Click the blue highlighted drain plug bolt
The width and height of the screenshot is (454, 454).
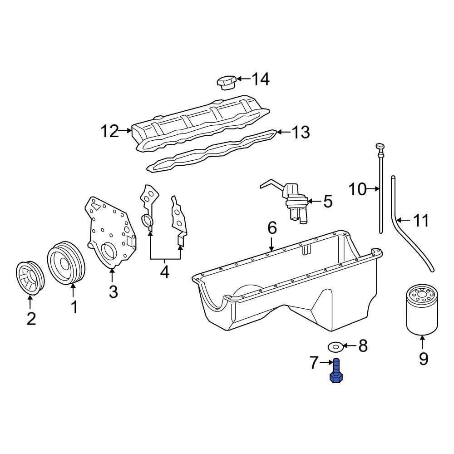click(x=336, y=372)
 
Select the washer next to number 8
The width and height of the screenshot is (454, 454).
click(x=335, y=347)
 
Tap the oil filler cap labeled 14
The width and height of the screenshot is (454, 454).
click(x=225, y=83)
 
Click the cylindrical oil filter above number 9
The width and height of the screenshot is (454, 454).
click(x=422, y=309)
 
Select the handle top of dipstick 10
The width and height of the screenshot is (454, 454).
click(x=380, y=146)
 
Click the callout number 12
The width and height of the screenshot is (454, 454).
click(x=109, y=132)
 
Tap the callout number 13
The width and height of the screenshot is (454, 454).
click(x=300, y=133)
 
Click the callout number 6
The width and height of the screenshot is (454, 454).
click(x=271, y=228)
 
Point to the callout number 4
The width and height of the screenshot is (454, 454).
click(x=164, y=272)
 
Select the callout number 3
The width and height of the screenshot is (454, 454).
click(x=113, y=291)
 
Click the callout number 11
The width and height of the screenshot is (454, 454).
click(x=420, y=221)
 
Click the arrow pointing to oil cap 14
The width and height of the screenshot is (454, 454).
click(x=243, y=79)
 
